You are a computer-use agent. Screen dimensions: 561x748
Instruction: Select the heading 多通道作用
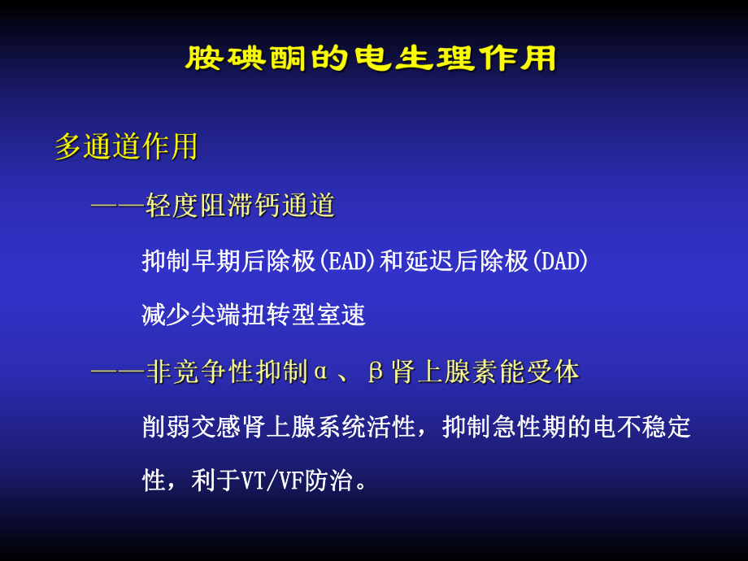126,147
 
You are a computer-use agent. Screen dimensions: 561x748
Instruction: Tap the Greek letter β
375,372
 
